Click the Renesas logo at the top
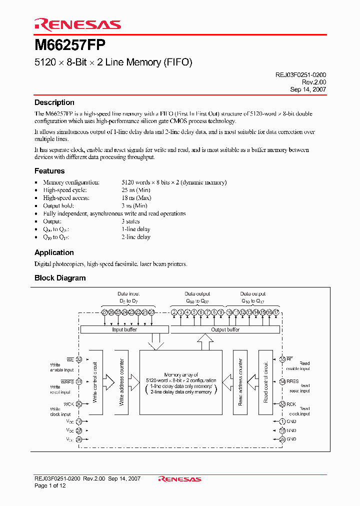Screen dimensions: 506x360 pyautogui.click(x=77, y=24)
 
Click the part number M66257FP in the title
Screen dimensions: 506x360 pyautogui.click(x=69, y=45)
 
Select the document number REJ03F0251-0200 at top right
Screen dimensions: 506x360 pyautogui.click(x=301, y=74)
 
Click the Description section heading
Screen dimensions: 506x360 pyautogui.click(x=54, y=102)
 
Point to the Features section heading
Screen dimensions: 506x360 pyautogui.click(x=49, y=171)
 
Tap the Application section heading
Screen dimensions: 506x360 pyautogui.click(x=54, y=252)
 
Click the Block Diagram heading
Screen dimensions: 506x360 pyautogui.click(x=60, y=278)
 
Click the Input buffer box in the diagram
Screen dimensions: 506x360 pyautogui.click(x=124, y=330)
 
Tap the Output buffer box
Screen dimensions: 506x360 pyautogui.click(x=225, y=330)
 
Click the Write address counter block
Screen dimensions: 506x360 pyautogui.click(x=121, y=382)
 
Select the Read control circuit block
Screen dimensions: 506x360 pyautogui.click(x=265, y=382)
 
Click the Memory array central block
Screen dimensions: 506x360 pyautogui.click(x=180, y=382)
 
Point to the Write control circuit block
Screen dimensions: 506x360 pyautogui.click(x=95, y=382)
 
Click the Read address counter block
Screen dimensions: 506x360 pyautogui.click(x=240, y=382)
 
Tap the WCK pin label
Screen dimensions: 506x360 pyautogui.click(x=68, y=404)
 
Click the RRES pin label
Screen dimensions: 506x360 pyautogui.click(x=292, y=381)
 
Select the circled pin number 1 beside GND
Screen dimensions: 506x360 pyautogui.click(x=282, y=421)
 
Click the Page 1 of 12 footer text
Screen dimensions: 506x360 pyautogui.click(x=50, y=485)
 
